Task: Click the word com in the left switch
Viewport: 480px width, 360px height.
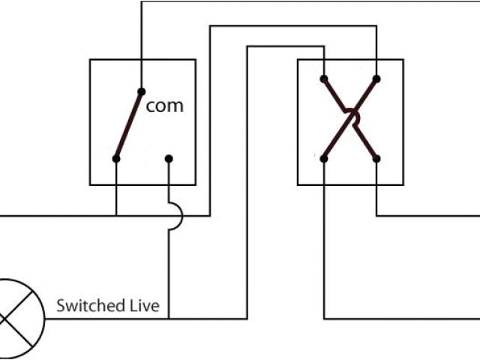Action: tap(164, 106)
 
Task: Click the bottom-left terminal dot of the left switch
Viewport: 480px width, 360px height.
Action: tap(116, 158)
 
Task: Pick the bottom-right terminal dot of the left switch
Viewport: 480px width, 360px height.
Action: tap(169, 158)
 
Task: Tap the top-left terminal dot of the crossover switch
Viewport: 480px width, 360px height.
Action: tap(324, 78)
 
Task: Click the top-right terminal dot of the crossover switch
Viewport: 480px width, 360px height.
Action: tap(376, 78)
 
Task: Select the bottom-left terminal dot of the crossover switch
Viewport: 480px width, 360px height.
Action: tap(324, 158)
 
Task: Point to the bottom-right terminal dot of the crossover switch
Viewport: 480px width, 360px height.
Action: tap(376, 158)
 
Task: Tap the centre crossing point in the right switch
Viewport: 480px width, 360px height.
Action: tap(350, 118)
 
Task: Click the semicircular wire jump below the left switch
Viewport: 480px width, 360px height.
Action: tap(176, 216)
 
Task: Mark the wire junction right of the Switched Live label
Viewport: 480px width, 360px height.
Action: tap(169, 318)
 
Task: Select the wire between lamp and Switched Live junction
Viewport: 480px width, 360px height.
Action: tap(105, 318)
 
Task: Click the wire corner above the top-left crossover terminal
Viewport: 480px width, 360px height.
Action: tap(324, 46)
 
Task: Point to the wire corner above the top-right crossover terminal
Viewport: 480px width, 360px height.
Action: tap(376, 27)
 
